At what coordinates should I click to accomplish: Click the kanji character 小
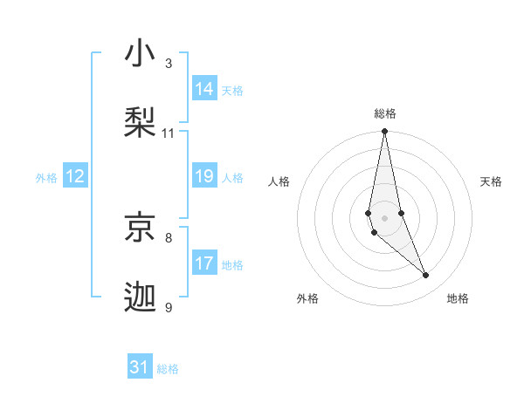(141, 55)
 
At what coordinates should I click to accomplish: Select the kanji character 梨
(141, 121)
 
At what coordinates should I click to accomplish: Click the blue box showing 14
(204, 88)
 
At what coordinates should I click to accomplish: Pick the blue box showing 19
(204, 176)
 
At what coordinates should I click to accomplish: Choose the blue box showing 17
(204, 263)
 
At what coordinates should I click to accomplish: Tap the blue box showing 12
(75, 176)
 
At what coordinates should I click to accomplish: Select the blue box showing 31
(140, 367)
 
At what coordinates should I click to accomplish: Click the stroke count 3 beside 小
(169, 63)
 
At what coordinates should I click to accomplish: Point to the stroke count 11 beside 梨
(169, 133)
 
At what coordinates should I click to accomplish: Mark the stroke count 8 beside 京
(169, 236)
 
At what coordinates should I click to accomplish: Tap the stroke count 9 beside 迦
(169, 307)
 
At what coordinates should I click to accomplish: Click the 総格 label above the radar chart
(385, 113)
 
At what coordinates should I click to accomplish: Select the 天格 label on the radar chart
(492, 181)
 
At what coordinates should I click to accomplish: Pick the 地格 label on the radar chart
(458, 298)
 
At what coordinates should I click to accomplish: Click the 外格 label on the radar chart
(307, 298)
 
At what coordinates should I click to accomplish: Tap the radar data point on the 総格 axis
(384, 132)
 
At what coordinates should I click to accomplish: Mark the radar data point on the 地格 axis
(426, 276)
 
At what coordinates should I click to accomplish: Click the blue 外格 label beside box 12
(46, 178)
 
